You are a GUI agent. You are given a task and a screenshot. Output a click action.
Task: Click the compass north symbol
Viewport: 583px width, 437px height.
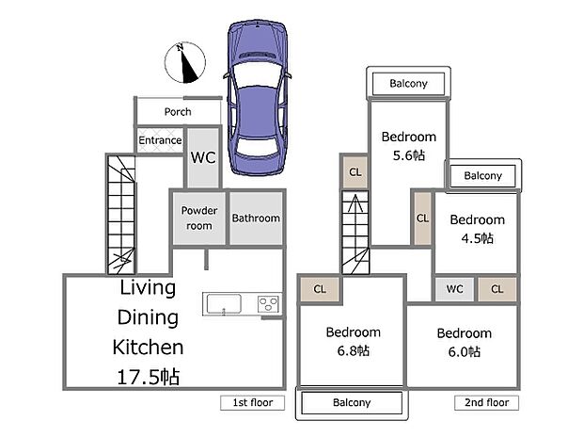(185, 62)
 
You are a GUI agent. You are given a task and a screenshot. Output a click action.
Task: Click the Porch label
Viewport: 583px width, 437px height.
(178, 111)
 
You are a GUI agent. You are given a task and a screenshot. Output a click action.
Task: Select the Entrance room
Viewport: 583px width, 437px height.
(160, 140)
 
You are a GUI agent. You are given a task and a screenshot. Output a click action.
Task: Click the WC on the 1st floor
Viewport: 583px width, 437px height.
(203, 157)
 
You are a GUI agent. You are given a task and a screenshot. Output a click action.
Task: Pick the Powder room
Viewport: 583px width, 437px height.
(199, 218)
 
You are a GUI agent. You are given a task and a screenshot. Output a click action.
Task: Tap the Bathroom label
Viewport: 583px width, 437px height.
(256, 218)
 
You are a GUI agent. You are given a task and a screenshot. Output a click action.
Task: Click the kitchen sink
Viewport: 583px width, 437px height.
(224, 304)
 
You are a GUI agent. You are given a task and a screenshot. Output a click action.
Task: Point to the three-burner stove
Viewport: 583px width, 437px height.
(268, 304)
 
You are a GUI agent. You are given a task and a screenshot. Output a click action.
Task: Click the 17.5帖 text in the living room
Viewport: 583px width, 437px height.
(149, 377)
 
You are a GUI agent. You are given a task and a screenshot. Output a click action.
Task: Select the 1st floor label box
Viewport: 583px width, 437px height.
(252, 403)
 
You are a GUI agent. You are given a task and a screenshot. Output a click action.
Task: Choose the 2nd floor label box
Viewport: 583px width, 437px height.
(486, 403)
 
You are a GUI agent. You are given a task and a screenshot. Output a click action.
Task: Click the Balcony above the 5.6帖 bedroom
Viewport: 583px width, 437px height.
(409, 84)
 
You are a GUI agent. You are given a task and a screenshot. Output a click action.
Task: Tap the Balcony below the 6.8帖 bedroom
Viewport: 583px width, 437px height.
(352, 403)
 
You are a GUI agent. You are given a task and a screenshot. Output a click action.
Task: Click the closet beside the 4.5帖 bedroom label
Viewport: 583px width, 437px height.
(423, 218)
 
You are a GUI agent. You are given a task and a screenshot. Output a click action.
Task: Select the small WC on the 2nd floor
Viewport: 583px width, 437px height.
(455, 289)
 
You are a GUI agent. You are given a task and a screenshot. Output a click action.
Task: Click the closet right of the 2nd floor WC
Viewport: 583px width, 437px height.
(497, 289)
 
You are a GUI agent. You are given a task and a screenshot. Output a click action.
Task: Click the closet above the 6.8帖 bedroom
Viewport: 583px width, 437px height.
(320, 289)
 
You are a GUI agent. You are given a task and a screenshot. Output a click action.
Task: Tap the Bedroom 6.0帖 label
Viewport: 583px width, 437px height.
(465, 343)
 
